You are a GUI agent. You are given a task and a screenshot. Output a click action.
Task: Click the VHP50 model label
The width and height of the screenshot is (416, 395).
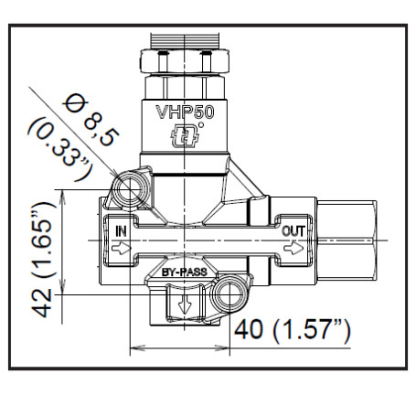click(x=186, y=117)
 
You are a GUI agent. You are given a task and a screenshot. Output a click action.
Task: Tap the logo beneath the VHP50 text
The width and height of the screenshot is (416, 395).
click(x=186, y=140)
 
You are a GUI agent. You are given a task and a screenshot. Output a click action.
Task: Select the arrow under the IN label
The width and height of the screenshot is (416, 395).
click(x=120, y=247)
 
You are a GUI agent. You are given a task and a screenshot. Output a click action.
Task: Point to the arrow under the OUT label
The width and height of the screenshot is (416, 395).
click(x=293, y=247)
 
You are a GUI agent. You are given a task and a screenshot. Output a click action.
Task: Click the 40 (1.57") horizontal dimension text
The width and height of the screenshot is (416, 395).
click(x=293, y=329)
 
